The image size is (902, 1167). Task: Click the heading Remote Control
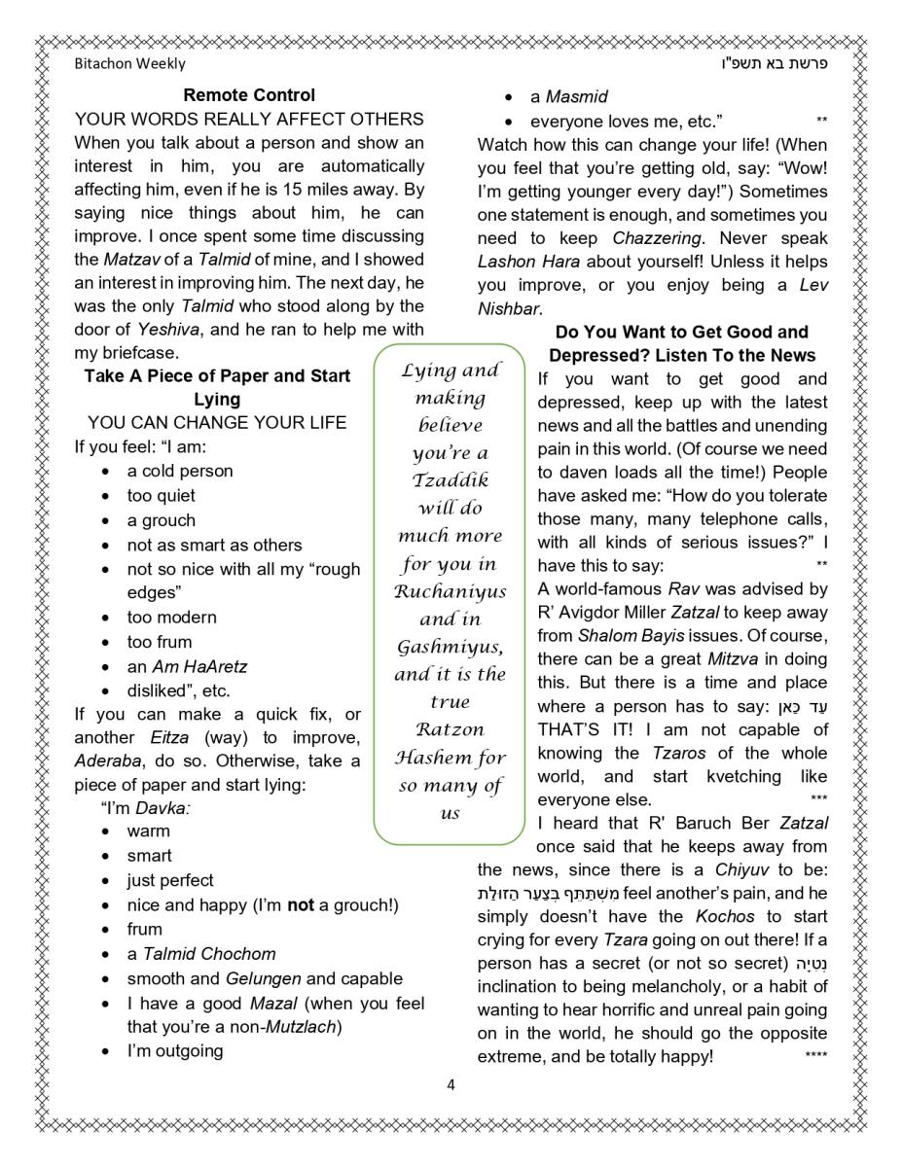pos(249,95)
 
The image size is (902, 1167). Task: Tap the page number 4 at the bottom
pos(451,1084)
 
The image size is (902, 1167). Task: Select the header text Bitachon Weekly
pos(129,63)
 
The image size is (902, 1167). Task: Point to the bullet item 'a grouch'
pos(161,520)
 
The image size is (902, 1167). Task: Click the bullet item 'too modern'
pos(172,618)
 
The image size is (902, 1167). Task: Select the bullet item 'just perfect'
pos(170,880)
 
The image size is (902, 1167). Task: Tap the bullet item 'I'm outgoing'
pos(175,1050)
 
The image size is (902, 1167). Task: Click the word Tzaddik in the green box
pos(450,480)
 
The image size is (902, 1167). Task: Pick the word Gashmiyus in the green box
pos(449,647)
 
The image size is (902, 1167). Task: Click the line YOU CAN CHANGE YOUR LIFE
pos(217,423)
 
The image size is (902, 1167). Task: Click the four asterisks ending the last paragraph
pos(816,1056)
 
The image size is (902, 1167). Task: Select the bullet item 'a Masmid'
pos(569,97)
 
